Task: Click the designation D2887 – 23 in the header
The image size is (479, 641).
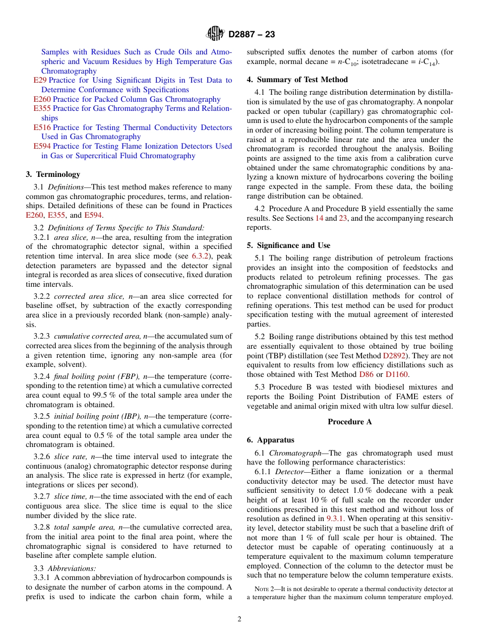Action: click(252, 35)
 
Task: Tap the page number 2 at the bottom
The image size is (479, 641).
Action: click(239, 619)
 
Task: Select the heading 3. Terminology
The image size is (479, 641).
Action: click(53, 174)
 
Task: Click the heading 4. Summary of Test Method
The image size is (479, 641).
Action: click(297, 80)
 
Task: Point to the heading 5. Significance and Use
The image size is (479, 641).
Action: click(288, 245)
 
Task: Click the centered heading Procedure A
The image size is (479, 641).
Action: click(349, 422)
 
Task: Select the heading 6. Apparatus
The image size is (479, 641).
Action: click(270, 440)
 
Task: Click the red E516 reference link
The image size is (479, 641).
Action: click(42, 127)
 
